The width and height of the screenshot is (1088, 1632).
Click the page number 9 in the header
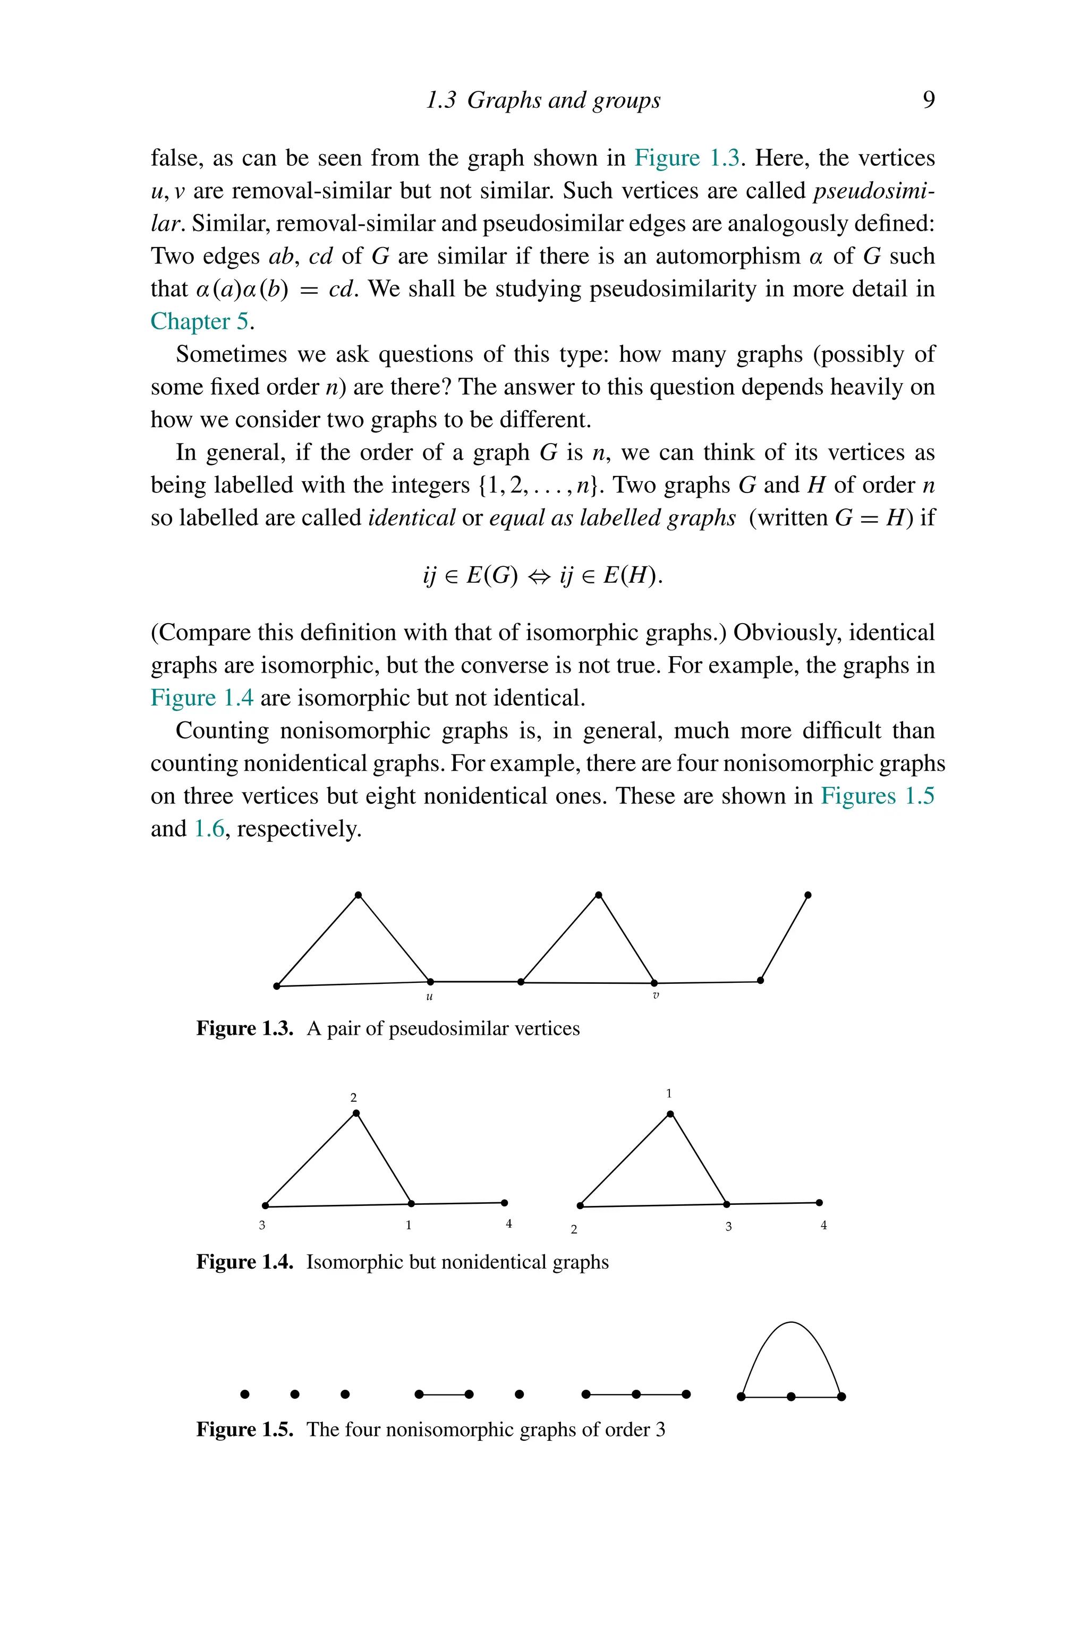click(929, 100)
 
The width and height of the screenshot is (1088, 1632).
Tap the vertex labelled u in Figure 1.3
click(430, 981)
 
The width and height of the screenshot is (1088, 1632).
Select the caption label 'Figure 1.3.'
click(244, 1028)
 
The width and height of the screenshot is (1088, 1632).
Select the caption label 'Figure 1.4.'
click(244, 1262)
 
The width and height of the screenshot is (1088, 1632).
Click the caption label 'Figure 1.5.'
click(244, 1430)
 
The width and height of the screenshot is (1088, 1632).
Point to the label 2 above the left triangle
click(353, 1098)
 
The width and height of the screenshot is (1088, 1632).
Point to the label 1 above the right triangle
click(669, 1093)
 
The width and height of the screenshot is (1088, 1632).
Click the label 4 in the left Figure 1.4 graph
click(508, 1224)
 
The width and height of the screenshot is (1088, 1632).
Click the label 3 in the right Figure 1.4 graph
click(728, 1227)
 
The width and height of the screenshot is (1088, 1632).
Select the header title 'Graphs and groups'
click(564, 100)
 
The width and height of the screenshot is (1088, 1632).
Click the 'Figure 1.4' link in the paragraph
click(202, 698)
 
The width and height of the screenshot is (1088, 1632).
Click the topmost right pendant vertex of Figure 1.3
click(807, 895)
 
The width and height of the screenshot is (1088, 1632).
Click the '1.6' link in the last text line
click(209, 829)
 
